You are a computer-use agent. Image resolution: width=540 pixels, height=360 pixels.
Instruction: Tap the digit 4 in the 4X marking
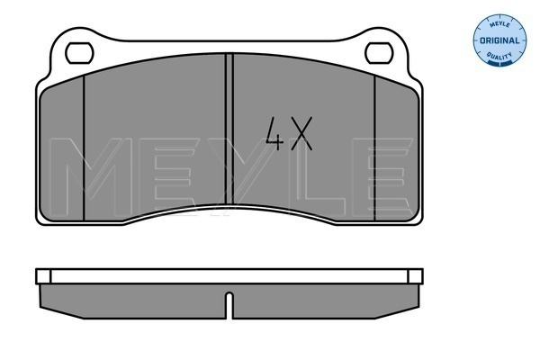(274, 134)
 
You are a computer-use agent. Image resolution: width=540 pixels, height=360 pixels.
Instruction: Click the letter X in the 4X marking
(301, 134)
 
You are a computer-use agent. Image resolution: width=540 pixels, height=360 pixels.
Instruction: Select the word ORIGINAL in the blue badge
(499, 40)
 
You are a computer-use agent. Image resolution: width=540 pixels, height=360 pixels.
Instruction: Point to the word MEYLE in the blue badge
(499, 24)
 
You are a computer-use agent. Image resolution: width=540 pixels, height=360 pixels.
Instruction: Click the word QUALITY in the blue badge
(499, 56)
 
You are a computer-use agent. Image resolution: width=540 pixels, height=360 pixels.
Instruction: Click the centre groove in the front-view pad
(229, 129)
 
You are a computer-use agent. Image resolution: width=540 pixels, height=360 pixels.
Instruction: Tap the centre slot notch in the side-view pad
(229, 305)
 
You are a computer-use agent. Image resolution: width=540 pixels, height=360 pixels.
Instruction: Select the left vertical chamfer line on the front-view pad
(84, 148)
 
